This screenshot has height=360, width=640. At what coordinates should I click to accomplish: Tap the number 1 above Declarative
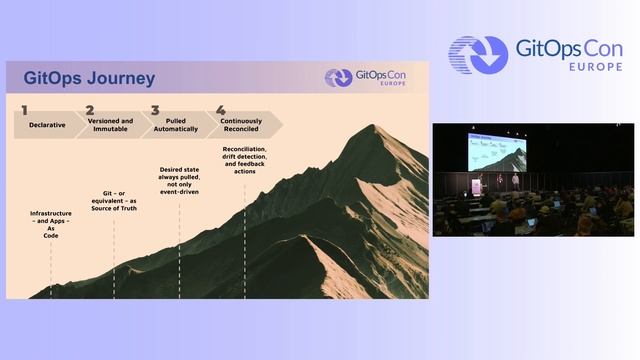pos(24,111)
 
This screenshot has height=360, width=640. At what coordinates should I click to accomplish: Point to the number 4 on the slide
pos(220,111)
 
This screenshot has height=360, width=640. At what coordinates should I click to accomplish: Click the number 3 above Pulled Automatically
pos(155,111)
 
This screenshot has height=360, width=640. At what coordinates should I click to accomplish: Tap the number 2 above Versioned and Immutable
pos(90,111)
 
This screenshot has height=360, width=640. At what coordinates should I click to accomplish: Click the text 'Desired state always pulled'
pos(180,175)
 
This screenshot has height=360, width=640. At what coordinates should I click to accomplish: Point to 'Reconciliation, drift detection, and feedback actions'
pos(244,160)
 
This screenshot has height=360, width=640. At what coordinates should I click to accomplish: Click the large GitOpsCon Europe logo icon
pos(478,55)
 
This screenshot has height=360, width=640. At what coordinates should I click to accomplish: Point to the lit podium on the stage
pos(476,187)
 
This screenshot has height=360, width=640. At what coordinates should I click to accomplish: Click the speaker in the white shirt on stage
pos(515,181)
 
